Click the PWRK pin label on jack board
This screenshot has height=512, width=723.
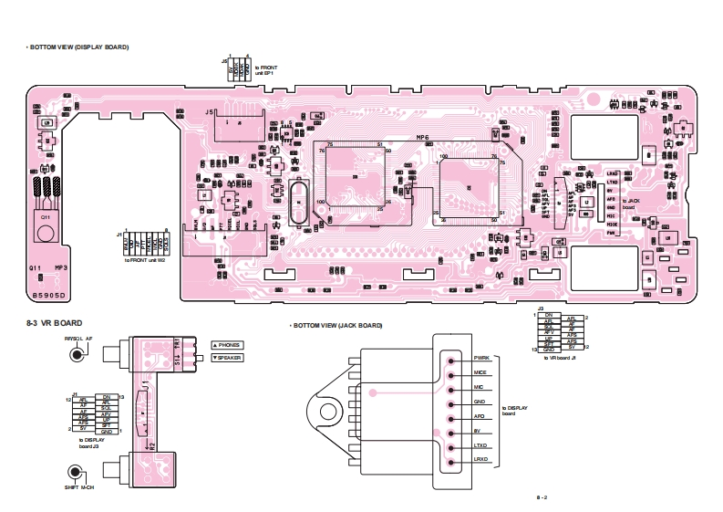482,357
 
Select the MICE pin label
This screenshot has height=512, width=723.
480,372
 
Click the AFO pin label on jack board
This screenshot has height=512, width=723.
480,415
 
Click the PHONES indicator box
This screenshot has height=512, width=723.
228,345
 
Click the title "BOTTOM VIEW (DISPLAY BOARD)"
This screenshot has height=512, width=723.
78,47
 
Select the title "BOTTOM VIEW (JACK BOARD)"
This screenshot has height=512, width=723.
336,326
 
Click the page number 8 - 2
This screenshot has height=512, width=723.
542,497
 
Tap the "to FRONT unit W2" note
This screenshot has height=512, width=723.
145,261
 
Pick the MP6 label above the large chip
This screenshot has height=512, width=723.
421,137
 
